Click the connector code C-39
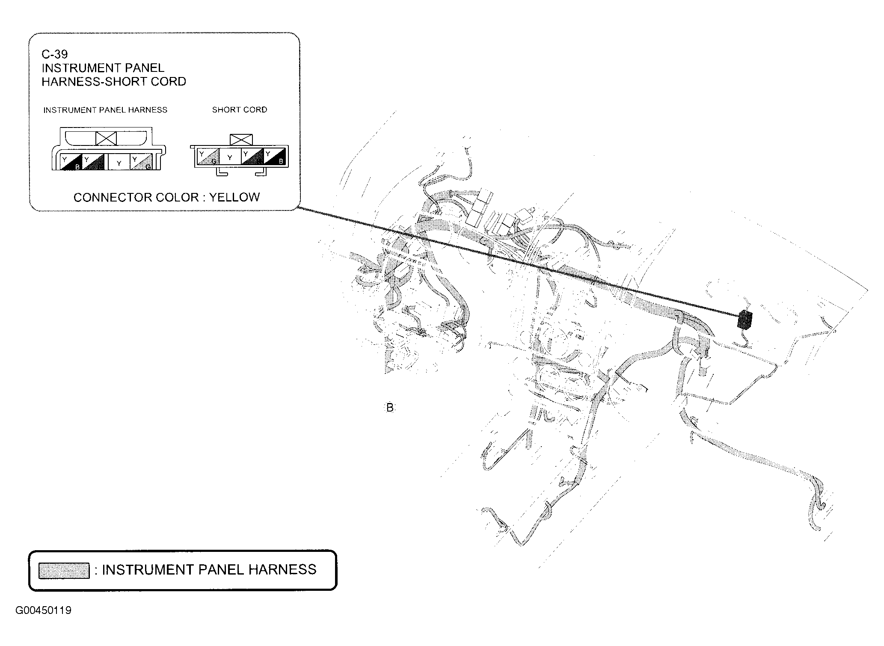click(x=54, y=54)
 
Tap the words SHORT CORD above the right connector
click(x=240, y=110)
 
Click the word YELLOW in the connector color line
click(x=234, y=197)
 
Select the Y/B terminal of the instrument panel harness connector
click(x=71, y=162)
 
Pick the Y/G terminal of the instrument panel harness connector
click(x=142, y=162)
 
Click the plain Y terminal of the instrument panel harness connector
click(x=119, y=162)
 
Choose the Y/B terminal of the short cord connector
click(x=275, y=157)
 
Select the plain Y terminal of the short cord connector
click(x=230, y=157)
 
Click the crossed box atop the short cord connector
click(x=241, y=140)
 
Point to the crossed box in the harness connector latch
click(x=106, y=138)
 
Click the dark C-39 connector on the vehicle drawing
click(x=745, y=320)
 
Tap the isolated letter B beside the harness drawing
click(x=389, y=408)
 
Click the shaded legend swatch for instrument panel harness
click(x=64, y=571)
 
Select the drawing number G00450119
click(x=43, y=610)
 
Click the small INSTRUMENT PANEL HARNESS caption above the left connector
click(x=105, y=110)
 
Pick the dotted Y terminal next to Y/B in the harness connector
click(x=93, y=162)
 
